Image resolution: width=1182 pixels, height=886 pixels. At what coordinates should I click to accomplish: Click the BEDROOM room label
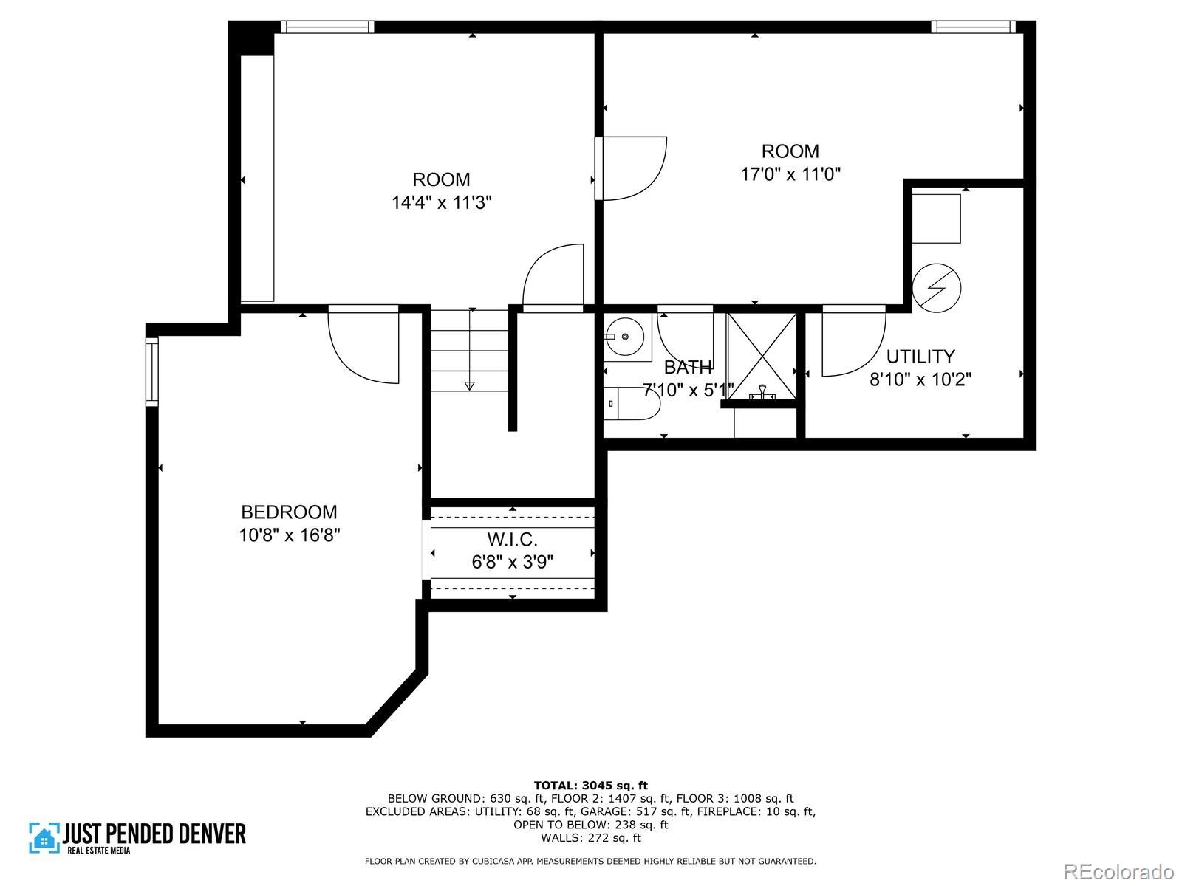pyautogui.click(x=289, y=512)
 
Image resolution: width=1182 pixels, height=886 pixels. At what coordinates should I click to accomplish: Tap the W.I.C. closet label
pyautogui.click(x=512, y=539)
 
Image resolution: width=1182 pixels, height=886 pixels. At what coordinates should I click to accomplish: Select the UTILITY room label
pyautogui.click(x=920, y=356)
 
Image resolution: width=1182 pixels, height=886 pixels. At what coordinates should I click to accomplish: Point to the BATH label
pyautogui.click(x=688, y=367)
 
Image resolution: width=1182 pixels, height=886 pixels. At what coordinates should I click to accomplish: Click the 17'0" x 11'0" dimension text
pyautogui.click(x=790, y=174)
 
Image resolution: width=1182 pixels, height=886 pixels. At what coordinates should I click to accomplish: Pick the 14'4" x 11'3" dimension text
pyautogui.click(x=442, y=202)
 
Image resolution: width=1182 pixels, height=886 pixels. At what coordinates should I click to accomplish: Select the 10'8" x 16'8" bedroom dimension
pyautogui.click(x=289, y=535)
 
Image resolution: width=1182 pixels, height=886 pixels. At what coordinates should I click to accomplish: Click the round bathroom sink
pyautogui.click(x=625, y=337)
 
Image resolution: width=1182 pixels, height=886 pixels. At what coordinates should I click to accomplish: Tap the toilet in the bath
pyautogui.click(x=632, y=403)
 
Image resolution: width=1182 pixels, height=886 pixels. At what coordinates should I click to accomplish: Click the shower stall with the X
pyautogui.click(x=762, y=356)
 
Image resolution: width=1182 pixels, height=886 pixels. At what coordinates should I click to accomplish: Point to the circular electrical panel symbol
pyautogui.click(x=937, y=288)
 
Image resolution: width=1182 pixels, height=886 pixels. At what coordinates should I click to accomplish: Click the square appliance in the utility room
pyautogui.click(x=936, y=219)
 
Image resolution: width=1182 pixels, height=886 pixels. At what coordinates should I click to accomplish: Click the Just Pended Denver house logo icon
pyautogui.click(x=45, y=837)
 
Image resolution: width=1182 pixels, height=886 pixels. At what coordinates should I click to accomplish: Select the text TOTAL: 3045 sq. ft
pyautogui.click(x=591, y=786)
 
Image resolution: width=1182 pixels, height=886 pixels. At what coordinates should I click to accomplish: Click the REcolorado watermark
pyautogui.click(x=1119, y=870)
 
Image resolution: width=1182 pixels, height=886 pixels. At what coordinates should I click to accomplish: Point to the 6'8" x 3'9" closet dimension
pyautogui.click(x=512, y=562)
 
